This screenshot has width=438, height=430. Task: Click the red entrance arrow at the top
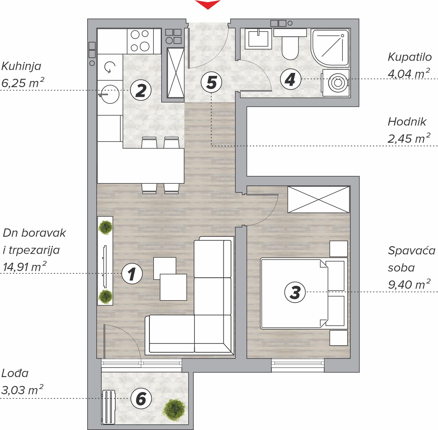(x=208, y=4)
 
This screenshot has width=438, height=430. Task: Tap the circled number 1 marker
(x=132, y=274)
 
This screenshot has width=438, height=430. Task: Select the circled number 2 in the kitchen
(x=141, y=90)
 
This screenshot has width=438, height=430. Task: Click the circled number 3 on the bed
(x=295, y=292)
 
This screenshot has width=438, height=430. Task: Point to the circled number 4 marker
(x=291, y=79)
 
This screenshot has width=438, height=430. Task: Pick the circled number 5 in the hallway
(x=211, y=82)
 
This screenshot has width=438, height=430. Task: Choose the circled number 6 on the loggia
(x=141, y=398)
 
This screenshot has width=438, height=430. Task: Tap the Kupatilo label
(x=410, y=57)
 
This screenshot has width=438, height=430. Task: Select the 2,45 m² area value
(x=409, y=138)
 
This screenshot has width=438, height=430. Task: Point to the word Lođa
(x=15, y=373)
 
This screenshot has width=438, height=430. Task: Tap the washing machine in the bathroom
(x=336, y=83)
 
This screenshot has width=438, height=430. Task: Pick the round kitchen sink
(x=109, y=94)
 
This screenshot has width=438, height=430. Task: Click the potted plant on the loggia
(x=174, y=410)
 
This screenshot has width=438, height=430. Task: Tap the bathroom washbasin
(x=258, y=39)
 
